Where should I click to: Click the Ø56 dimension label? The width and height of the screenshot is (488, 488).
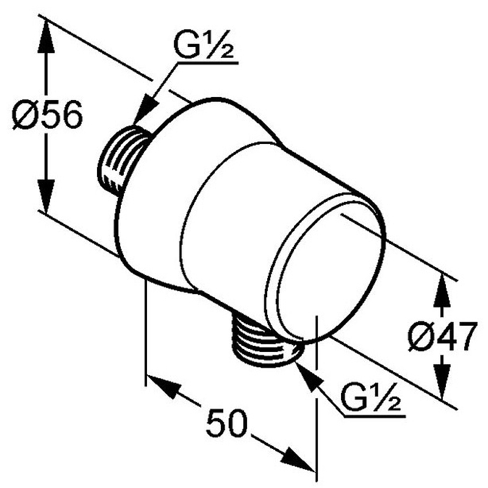tap(48, 115)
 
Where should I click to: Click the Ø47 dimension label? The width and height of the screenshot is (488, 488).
tap(443, 337)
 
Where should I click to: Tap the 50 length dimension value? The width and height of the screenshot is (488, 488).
tap(226, 423)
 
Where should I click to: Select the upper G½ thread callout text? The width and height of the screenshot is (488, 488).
tap(203, 44)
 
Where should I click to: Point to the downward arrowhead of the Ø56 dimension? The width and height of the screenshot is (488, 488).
tap(46, 196)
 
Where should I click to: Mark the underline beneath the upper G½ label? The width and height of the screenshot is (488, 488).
tap(207, 63)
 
